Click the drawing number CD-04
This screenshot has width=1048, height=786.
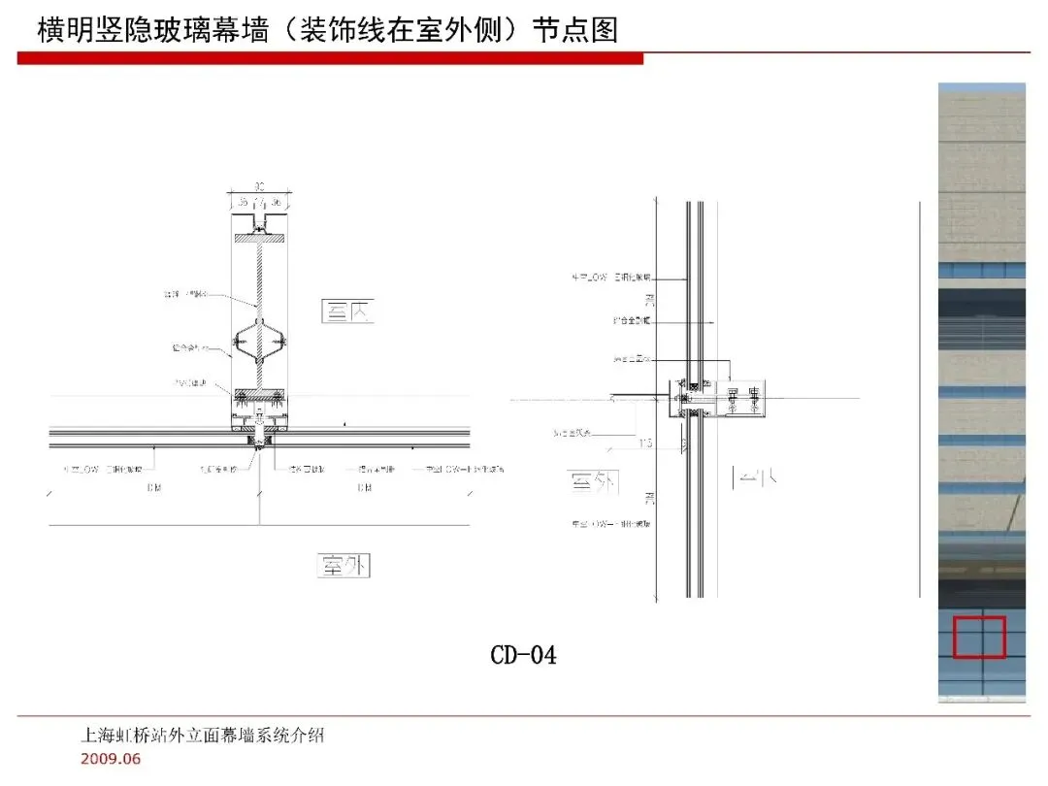click(x=523, y=656)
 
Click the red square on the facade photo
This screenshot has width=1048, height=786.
click(x=978, y=638)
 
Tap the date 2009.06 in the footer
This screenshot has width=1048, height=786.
click(x=110, y=758)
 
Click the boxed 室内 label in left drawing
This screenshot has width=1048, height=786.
click(x=347, y=311)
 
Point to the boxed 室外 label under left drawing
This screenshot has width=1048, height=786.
click(x=344, y=565)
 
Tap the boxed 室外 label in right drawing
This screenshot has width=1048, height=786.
click(x=594, y=481)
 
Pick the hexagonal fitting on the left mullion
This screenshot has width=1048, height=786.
click(x=258, y=341)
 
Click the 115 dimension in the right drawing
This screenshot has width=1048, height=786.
click(x=645, y=442)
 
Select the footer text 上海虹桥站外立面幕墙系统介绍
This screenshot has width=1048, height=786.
click(x=202, y=736)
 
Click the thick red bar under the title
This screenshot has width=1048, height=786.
click(x=330, y=59)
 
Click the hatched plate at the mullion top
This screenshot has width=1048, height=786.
click(x=258, y=237)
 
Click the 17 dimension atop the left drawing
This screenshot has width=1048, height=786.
click(x=258, y=202)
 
